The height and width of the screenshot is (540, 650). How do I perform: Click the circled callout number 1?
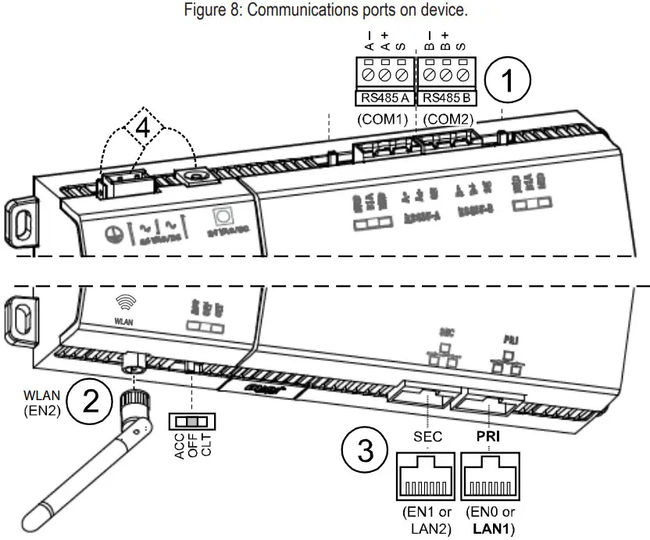tap(508, 82)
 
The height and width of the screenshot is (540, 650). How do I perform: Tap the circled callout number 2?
tap(92, 400)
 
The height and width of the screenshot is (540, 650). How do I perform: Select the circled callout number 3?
tap(365, 450)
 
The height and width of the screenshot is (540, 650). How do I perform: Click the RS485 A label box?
tap(384, 98)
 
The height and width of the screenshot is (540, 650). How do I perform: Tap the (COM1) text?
tap(383, 120)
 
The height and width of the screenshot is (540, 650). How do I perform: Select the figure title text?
tap(325, 11)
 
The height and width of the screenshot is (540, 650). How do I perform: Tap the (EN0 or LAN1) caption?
tap(491, 520)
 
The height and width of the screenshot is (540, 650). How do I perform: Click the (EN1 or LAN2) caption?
tap(427, 520)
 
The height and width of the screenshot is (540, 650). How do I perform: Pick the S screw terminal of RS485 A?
tap(402, 77)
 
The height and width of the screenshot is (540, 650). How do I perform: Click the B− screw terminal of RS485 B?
tap(430, 77)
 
